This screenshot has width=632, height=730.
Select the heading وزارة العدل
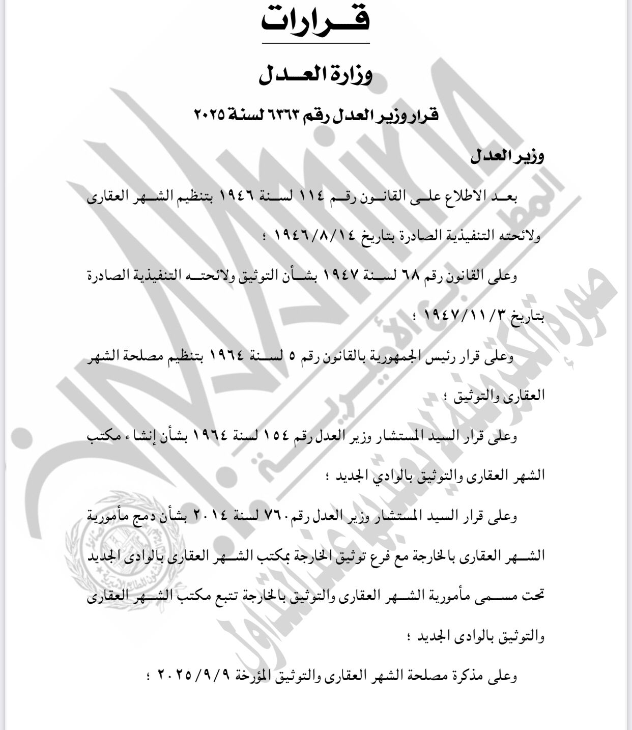pyautogui.click(x=316, y=75)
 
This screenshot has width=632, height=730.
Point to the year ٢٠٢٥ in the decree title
pyautogui.click(x=209, y=116)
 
